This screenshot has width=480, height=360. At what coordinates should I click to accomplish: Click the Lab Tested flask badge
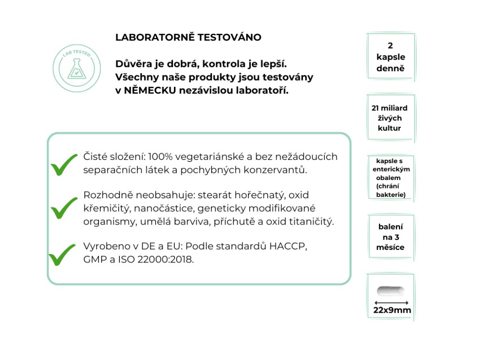pyautogui.click(x=77, y=69)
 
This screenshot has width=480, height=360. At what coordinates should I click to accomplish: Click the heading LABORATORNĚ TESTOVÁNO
pyautogui.click(x=188, y=37)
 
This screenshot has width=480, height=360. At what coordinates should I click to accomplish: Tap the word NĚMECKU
pyautogui.click(x=150, y=90)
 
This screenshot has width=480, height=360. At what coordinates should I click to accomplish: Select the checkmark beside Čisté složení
pyautogui.click(x=64, y=164)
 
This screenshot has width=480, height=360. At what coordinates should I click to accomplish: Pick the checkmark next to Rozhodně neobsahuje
pyautogui.click(x=64, y=208)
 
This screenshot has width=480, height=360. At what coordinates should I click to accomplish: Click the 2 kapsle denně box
pyautogui.click(x=390, y=57)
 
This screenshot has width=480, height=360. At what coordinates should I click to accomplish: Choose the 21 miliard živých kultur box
pyautogui.click(x=390, y=118)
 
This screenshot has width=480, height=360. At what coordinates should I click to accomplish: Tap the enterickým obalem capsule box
pyautogui.click(x=390, y=178)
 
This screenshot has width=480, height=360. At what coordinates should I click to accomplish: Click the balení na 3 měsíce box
pyautogui.click(x=390, y=237)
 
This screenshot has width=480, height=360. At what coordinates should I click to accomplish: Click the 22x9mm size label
pyautogui.click(x=392, y=310)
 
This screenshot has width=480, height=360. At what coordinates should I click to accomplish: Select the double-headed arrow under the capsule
pyautogui.click(x=391, y=302)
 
